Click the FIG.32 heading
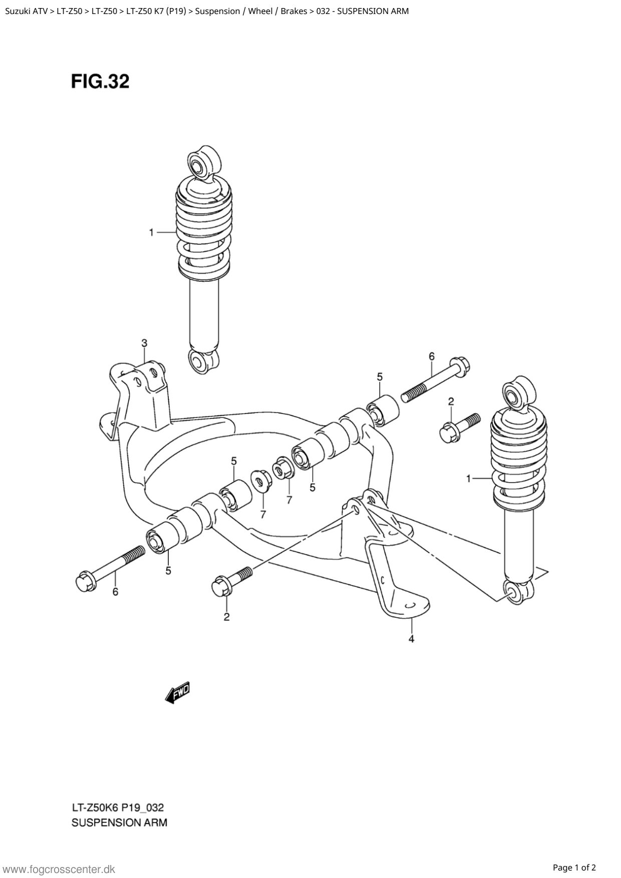[x=100, y=81]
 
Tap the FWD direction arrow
[x=177, y=693]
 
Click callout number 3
[x=144, y=343]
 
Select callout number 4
[x=411, y=639]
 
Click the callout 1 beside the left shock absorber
[x=151, y=232]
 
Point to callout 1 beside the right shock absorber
[x=468, y=479]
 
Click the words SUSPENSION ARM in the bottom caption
[x=119, y=822]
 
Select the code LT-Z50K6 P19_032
[x=118, y=807]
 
